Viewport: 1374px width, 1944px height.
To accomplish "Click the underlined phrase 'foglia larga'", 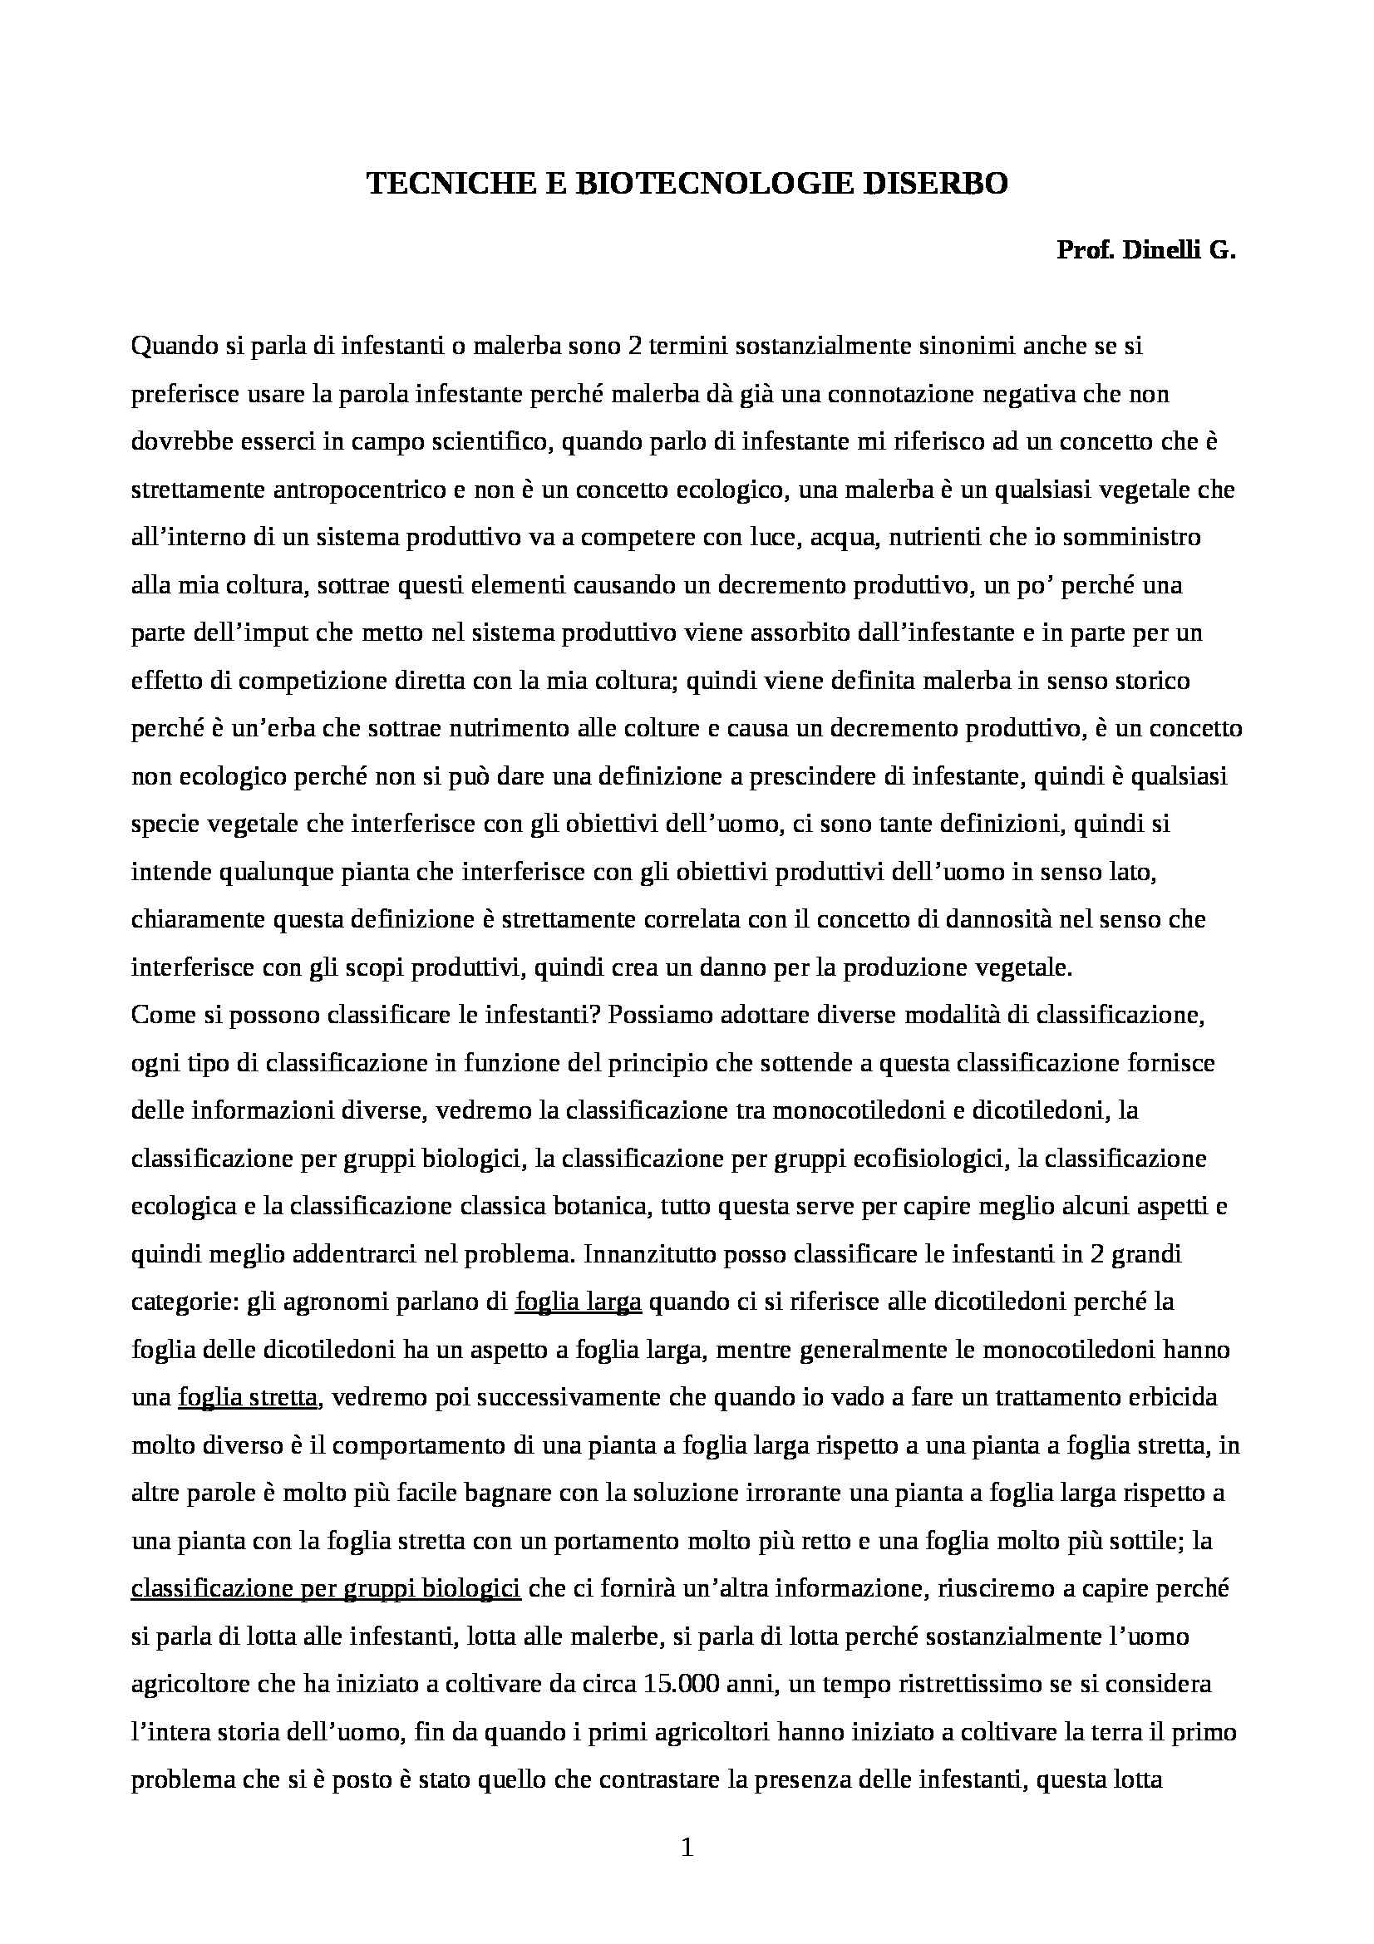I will coord(579,1302).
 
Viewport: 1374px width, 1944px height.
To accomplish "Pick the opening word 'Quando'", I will coord(174,347).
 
